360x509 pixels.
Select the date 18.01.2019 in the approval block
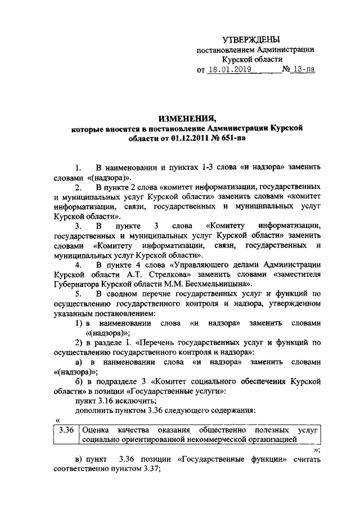point(228,71)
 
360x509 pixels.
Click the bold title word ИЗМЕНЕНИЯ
point(187,119)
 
